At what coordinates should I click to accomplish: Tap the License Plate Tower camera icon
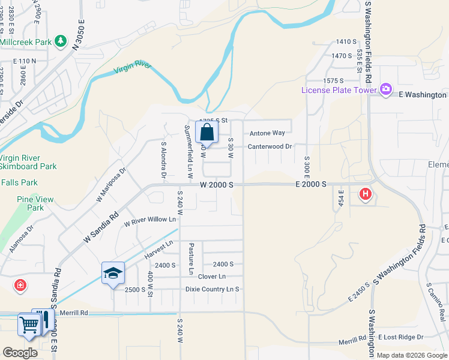385,90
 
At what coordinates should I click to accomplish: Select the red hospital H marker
365,194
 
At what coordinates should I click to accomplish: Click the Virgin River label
133,67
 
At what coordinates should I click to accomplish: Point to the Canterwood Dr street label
271,146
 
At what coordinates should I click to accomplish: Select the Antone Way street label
267,133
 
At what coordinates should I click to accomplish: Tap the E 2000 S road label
310,185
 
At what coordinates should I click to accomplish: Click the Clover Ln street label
212,277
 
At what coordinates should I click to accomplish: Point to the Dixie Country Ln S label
212,289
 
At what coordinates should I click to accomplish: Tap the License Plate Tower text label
338,91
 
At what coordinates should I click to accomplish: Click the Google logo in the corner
20,353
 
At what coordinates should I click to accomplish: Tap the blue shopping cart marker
28,325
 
